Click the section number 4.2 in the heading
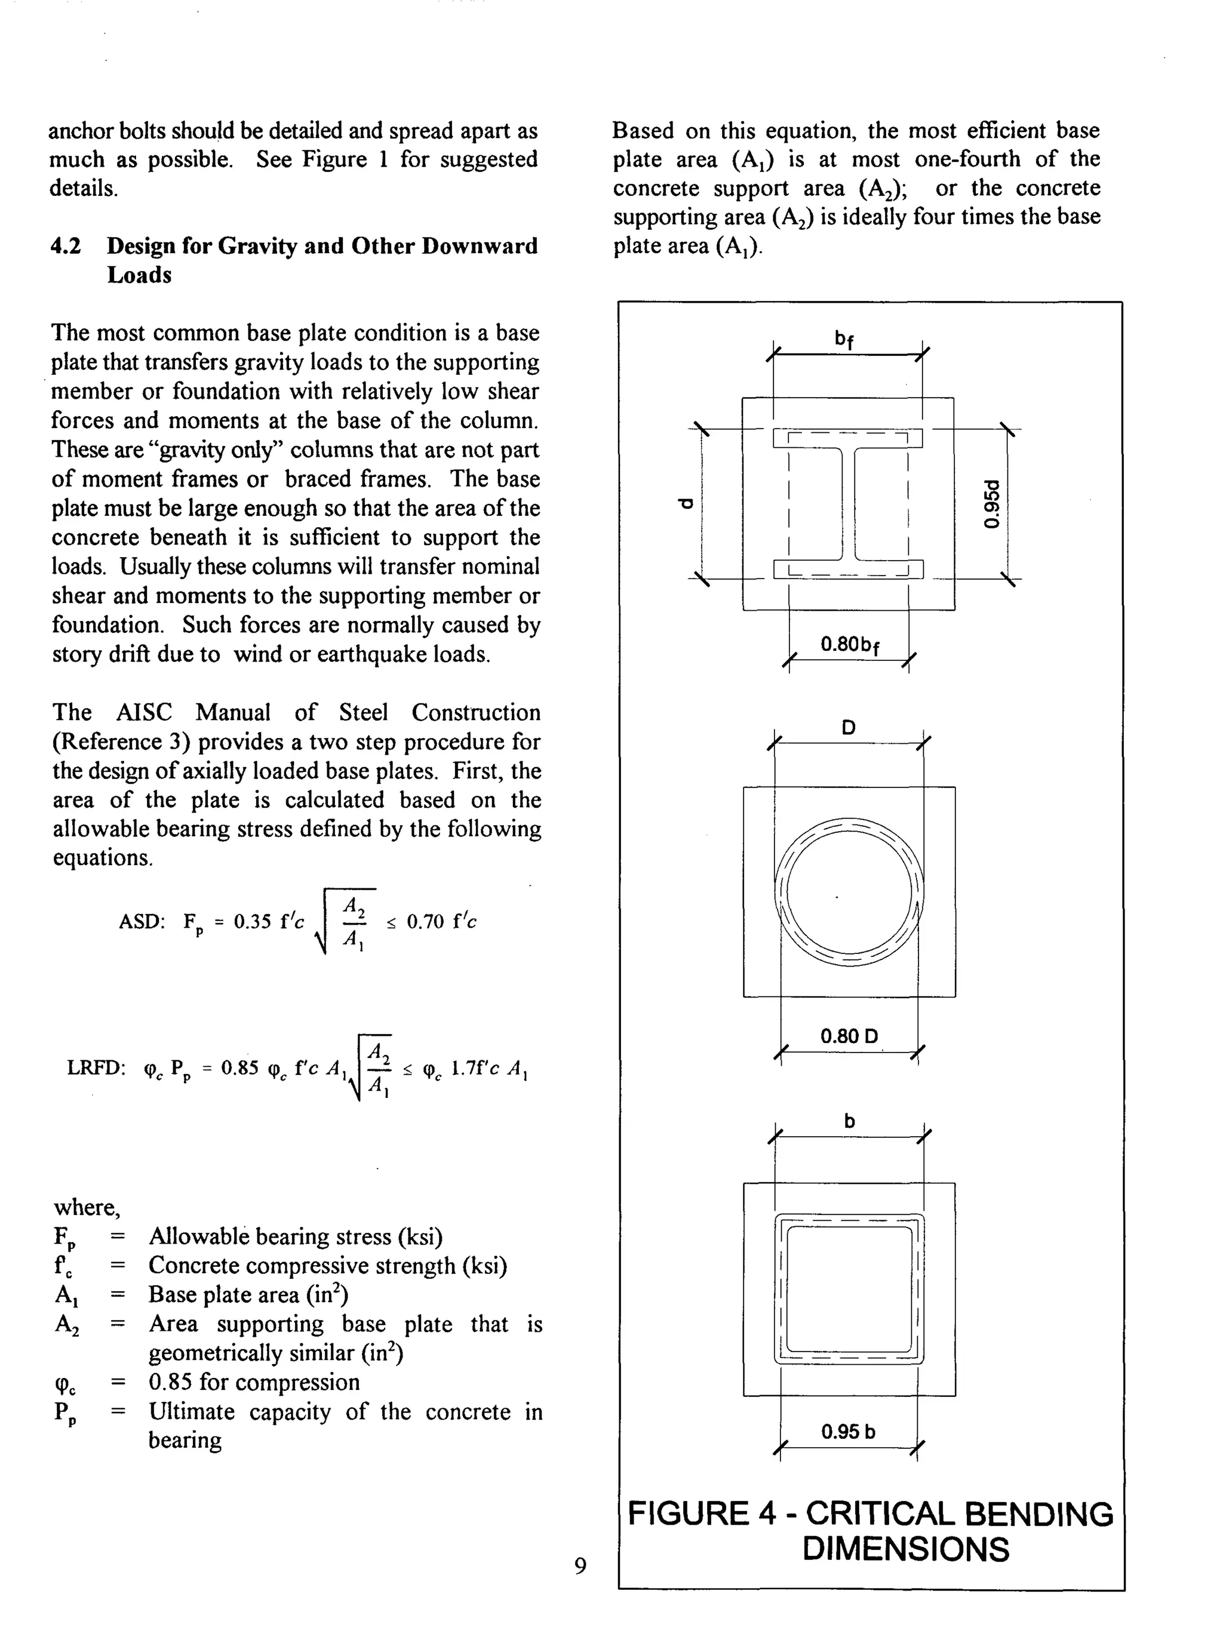pyautogui.click(x=65, y=246)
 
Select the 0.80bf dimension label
pyautogui.click(x=849, y=645)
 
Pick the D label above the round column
pyautogui.click(x=849, y=728)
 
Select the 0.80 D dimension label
pyautogui.click(x=849, y=1036)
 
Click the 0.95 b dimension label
pyautogui.click(x=849, y=1432)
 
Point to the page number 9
pyautogui.click(x=580, y=1565)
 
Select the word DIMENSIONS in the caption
pyautogui.click(x=905, y=1549)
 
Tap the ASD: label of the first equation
pyautogui.click(x=142, y=922)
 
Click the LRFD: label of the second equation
pyautogui.click(x=96, y=1069)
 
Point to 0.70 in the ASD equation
pyautogui.click(x=425, y=921)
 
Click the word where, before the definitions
pyautogui.click(x=87, y=1207)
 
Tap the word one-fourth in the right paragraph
pyautogui.click(x=967, y=159)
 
